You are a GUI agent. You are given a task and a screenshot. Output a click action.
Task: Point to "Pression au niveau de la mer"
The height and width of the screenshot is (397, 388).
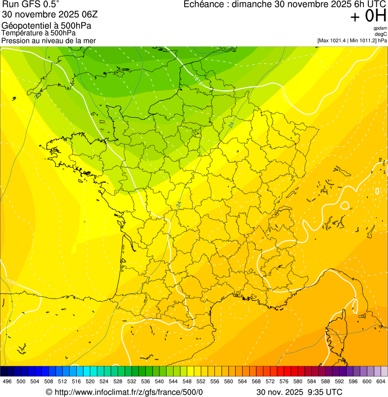point(48,40)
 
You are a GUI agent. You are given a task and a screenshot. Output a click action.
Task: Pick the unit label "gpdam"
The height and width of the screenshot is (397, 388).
point(380,28)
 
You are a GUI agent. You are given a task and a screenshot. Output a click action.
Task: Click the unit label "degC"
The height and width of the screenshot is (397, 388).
point(381,34)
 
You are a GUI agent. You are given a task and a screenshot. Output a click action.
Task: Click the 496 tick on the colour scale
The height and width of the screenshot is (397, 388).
point(7,381)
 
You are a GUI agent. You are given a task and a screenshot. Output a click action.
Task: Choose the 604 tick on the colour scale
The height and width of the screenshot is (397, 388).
point(380,381)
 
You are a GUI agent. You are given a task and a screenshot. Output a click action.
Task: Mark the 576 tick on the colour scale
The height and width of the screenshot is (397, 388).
point(284,381)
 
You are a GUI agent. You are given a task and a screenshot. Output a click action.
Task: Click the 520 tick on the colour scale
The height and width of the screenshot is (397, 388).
point(90,381)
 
